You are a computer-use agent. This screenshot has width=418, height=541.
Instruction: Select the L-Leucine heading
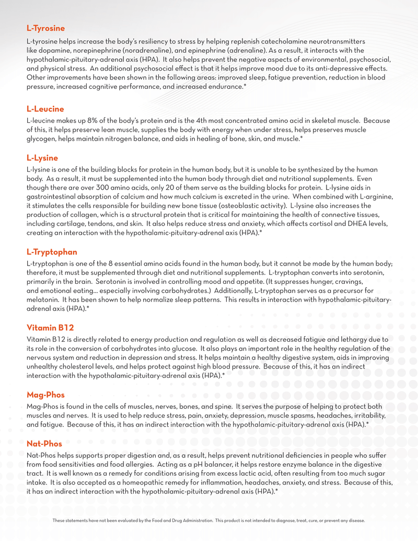click(45, 109)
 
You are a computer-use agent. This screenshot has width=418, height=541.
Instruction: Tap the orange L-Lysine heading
click(42, 158)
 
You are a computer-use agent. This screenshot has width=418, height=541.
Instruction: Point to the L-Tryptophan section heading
click(52, 252)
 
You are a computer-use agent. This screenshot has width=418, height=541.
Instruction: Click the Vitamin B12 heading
click(50, 328)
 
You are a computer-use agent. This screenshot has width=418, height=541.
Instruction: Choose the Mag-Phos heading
click(45, 395)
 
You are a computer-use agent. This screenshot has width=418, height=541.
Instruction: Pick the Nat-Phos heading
click(44, 444)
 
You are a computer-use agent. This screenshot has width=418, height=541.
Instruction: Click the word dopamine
click(56, 50)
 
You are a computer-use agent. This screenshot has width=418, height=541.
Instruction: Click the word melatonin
click(42, 300)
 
